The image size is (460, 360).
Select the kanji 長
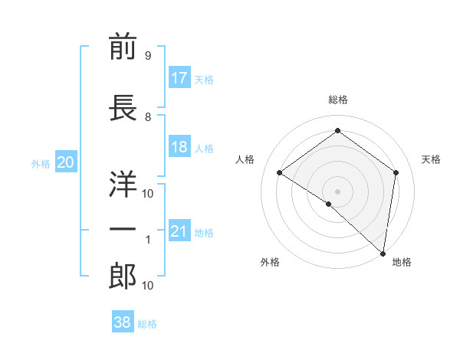pyautogui.click(x=123, y=107)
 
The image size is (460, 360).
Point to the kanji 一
pyautogui.click(x=123, y=229)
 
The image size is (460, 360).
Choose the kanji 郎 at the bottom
pyautogui.click(x=123, y=277)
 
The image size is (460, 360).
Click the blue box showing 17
pyautogui.click(x=179, y=78)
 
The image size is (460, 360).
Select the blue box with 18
pyautogui.click(x=179, y=147)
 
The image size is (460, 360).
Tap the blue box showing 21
pyautogui.click(x=179, y=232)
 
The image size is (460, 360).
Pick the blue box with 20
pyautogui.click(x=66, y=162)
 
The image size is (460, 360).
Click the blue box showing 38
pyautogui.click(x=123, y=322)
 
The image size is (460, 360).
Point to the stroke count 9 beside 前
pyautogui.click(x=147, y=56)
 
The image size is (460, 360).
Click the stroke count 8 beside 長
pyautogui.click(x=147, y=117)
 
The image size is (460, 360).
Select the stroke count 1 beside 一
pyautogui.click(x=148, y=240)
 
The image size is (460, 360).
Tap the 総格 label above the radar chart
pyautogui.click(x=337, y=100)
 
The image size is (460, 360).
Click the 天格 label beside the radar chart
pyautogui.click(x=431, y=159)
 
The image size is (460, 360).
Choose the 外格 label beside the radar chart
pyautogui.click(x=270, y=262)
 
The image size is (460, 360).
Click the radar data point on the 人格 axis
pyautogui.click(x=280, y=172)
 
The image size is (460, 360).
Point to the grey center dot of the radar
pyautogui.click(x=337, y=191)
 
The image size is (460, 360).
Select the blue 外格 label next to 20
pyautogui.click(x=41, y=163)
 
